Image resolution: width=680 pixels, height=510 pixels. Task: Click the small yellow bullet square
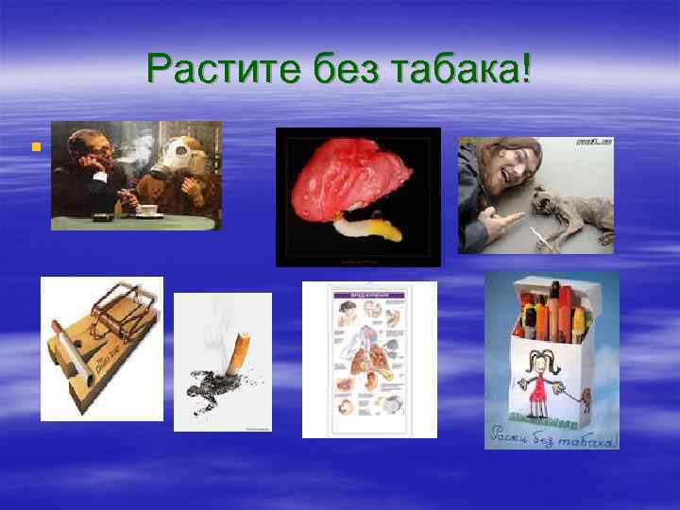pos(34,145)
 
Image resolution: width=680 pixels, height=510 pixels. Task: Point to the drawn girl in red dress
pos(539,378)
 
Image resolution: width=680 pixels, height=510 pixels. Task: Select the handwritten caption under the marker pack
pos(552,437)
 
